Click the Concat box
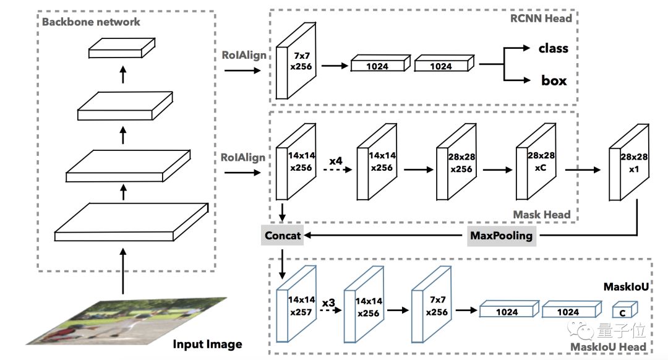coord(283,235)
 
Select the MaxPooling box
coord(502,235)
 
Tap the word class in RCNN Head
coord(553,48)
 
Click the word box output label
coord(554,80)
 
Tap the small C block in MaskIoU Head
coord(623,311)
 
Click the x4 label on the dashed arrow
coord(336,161)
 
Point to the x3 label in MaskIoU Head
coord(328,302)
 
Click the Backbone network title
coord(91,22)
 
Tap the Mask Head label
coord(542,215)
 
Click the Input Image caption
coord(207,344)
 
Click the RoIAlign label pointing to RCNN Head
coord(244,55)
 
